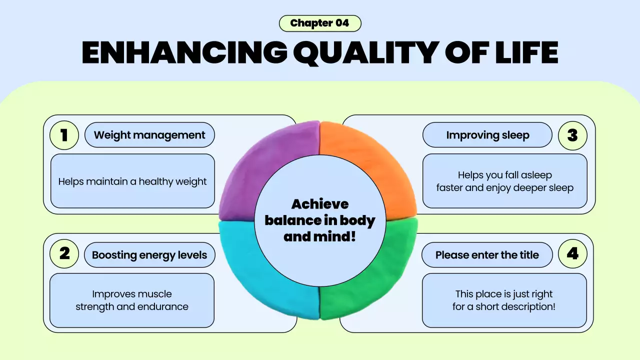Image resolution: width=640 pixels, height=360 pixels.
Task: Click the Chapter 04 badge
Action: click(x=319, y=23)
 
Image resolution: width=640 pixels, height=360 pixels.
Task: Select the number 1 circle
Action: click(x=64, y=135)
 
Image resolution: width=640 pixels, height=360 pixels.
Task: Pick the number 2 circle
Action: click(x=64, y=254)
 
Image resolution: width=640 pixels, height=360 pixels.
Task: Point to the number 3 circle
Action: click(x=572, y=135)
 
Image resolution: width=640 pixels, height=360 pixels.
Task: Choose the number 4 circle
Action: click(x=572, y=254)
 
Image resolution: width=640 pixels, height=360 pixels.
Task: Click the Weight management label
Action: click(x=149, y=135)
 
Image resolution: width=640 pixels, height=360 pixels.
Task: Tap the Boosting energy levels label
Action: click(x=149, y=255)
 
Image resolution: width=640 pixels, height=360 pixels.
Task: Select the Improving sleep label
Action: click(x=487, y=135)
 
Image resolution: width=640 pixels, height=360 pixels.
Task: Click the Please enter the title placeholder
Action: click(x=487, y=255)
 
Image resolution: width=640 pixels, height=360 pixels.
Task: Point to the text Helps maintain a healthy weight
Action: click(x=132, y=181)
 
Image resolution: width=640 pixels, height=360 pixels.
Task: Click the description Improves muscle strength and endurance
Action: click(x=132, y=300)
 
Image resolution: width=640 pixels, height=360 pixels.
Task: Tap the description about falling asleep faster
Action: click(x=504, y=181)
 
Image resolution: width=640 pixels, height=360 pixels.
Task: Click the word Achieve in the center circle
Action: click(x=320, y=204)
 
